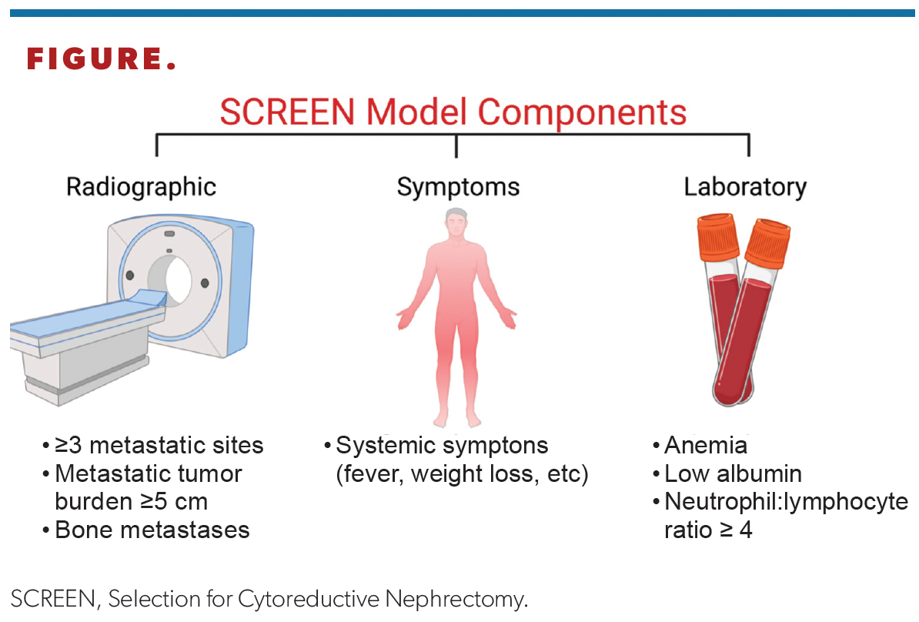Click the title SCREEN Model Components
(453, 112)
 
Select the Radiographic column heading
(141, 187)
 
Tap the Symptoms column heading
(458, 187)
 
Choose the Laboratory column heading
(745, 187)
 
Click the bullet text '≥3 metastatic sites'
(159, 446)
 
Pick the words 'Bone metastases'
(152, 530)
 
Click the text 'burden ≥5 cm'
(131, 502)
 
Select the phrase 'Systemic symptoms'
(442, 446)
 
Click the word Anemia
(705, 446)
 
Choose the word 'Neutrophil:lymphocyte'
(786, 502)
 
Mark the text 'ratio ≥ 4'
(707, 530)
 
